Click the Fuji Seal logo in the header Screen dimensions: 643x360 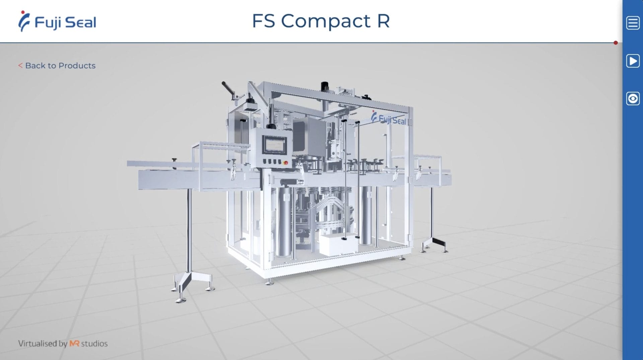click(57, 21)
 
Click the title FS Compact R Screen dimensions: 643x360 click(321, 21)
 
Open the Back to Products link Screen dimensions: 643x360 click(57, 66)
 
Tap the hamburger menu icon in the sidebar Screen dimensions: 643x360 click(633, 23)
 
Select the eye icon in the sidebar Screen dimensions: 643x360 click(633, 99)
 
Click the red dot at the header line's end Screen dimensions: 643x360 click(616, 43)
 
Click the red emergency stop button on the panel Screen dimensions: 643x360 click(286, 163)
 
